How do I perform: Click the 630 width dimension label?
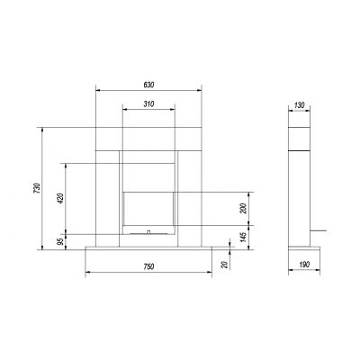148,85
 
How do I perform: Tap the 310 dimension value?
148,104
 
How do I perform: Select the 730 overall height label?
37,188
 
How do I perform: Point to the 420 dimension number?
60,198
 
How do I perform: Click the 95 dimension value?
60,242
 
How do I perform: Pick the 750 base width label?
148,266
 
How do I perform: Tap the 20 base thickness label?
225,265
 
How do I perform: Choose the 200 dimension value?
243,208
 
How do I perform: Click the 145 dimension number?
243,237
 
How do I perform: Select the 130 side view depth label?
299,105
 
